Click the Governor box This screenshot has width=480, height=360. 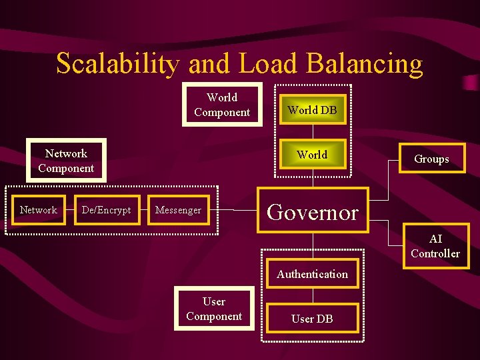[x=313, y=211]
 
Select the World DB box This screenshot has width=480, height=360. [x=312, y=110]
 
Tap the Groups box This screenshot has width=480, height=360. [x=431, y=159]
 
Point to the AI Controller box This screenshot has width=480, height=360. [x=435, y=246]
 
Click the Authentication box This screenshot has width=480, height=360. [x=312, y=274]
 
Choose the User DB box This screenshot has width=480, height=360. [x=312, y=319]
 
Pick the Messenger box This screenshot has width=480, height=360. [x=178, y=210]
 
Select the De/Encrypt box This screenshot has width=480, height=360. [x=106, y=210]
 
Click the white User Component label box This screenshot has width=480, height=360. [x=214, y=309]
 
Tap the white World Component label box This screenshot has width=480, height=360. [x=222, y=105]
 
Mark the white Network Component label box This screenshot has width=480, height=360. [x=66, y=161]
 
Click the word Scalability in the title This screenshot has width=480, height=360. [x=117, y=64]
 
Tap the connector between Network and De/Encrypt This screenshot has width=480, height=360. [x=70, y=210]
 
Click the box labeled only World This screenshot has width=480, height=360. [x=312, y=155]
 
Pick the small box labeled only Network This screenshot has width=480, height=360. [x=39, y=210]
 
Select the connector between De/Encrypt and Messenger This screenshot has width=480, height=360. [x=144, y=210]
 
